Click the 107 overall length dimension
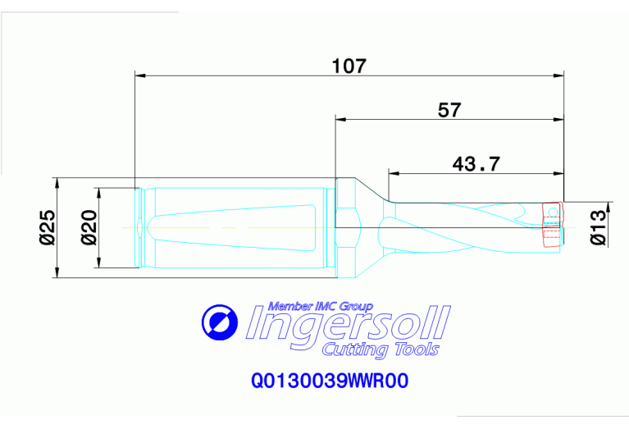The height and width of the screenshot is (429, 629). pos(348,66)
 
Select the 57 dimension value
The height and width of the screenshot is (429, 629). pos(449,109)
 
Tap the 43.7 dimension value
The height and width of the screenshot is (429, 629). pos(476,163)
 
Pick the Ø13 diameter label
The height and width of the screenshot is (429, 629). pos(598,227)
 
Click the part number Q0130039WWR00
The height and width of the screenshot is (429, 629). pos(330,381)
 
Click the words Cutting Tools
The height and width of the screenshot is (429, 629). pos(381,350)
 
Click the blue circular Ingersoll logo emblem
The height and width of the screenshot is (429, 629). pos(218,324)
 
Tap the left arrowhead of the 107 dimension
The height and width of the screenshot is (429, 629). pos(140,76)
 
